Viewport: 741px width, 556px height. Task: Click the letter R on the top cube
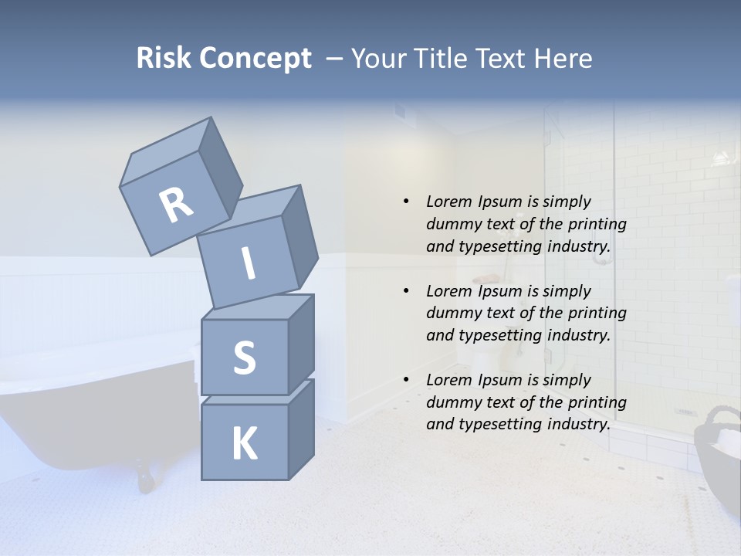click(x=176, y=205)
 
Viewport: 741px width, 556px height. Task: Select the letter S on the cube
click(x=244, y=358)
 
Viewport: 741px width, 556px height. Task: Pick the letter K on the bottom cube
click(x=244, y=443)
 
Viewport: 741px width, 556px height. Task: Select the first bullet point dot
click(x=406, y=202)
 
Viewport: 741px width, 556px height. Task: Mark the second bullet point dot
click(x=406, y=291)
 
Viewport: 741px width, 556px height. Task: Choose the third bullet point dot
click(x=406, y=380)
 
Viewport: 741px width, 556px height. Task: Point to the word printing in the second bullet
click(x=597, y=313)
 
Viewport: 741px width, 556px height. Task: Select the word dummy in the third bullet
click(x=452, y=402)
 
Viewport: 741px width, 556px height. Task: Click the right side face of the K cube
click(x=301, y=429)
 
